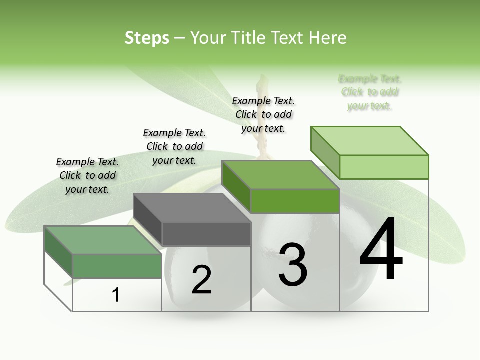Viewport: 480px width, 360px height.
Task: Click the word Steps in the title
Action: (147, 38)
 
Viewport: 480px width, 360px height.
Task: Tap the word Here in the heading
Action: (328, 38)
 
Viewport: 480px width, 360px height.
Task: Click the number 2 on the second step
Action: (201, 280)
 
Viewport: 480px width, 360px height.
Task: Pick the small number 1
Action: (116, 295)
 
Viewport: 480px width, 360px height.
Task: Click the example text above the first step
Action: (87, 176)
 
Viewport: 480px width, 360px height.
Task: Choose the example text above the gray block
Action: (174, 146)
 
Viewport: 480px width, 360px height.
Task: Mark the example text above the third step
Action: (263, 114)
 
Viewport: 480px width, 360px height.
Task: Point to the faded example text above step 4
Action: (370, 92)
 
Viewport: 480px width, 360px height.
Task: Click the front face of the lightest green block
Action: (384, 167)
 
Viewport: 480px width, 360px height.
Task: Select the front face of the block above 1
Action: (117, 266)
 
